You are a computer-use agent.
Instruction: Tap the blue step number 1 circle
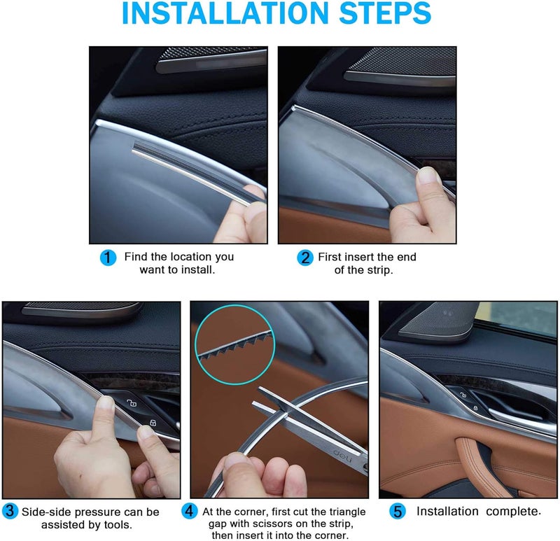point(107,258)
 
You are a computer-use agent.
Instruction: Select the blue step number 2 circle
point(304,258)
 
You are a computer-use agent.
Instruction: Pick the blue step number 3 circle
point(10,512)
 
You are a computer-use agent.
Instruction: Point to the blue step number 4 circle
point(189,512)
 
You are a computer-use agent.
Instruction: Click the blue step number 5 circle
point(398,512)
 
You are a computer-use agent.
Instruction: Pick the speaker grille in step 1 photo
point(210,60)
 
